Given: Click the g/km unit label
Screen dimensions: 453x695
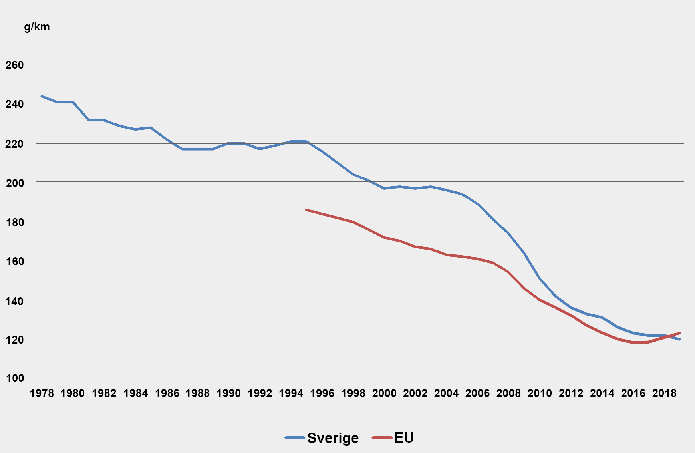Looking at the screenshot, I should tap(37, 27).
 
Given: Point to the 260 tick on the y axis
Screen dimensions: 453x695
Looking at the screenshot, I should tap(14, 65).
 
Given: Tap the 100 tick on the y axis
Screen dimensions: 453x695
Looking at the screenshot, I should tap(14, 378).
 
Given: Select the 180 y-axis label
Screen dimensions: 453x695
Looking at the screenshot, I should tap(14, 222).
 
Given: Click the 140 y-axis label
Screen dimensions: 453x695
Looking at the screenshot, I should tap(14, 301).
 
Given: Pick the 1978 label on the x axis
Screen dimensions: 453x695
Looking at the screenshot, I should tap(42, 393).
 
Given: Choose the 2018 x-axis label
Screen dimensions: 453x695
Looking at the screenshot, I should tap(664, 393).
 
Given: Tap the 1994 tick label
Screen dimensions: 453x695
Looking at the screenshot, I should tap(291, 393).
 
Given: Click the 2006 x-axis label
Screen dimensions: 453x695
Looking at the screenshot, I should tap(477, 393).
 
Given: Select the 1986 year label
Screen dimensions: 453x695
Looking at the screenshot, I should tap(167, 393).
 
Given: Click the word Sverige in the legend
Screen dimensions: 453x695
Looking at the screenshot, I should tap(333, 438).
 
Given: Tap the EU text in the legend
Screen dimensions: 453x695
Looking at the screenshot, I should tap(404, 438).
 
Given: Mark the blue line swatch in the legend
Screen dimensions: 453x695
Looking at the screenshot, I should tap(295, 438).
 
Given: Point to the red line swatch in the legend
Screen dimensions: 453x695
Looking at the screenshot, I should tap(382, 438).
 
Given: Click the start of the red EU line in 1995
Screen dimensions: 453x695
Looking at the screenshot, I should tap(306, 209).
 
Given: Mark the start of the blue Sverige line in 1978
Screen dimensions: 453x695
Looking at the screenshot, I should tap(42, 96).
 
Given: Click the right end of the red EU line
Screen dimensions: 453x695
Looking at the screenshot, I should tap(680, 333).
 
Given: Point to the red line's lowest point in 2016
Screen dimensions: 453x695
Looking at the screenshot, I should tap(634, 343).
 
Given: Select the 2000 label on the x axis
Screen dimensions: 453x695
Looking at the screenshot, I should tap(384, 393).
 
